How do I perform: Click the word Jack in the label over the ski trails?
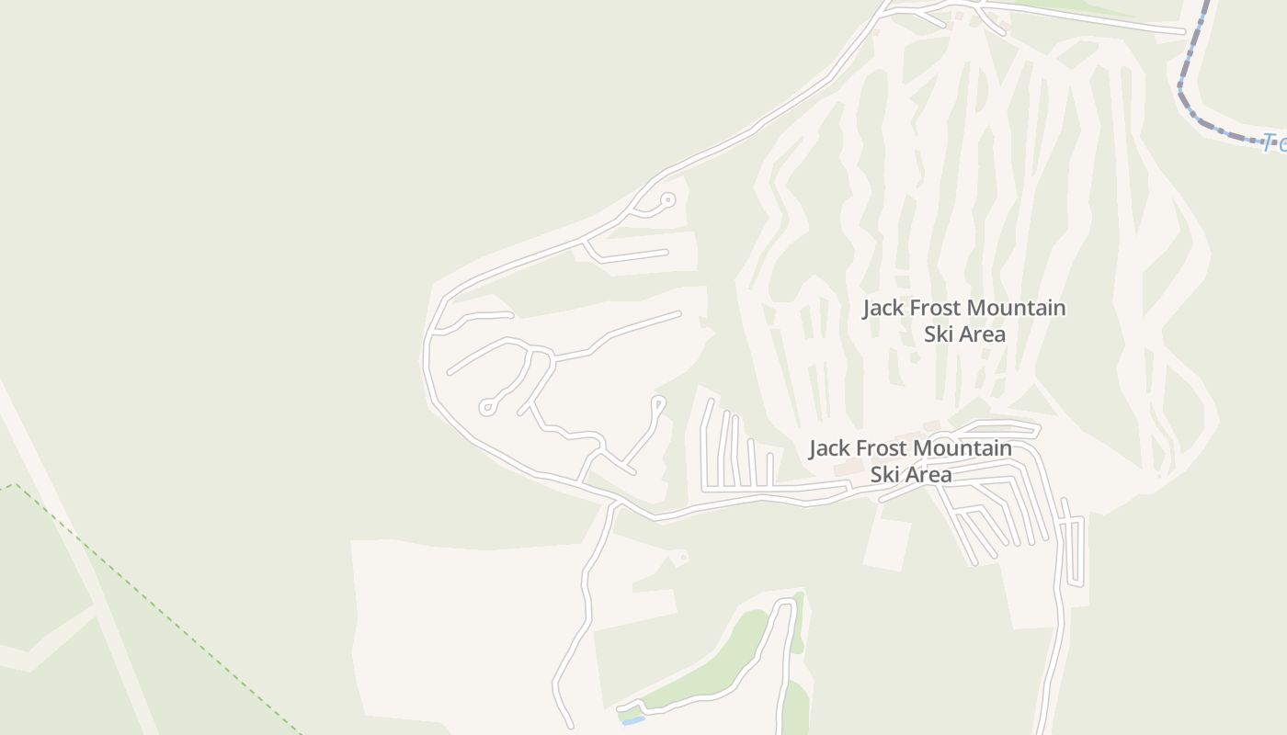point(883,308)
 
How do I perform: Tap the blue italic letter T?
point(1270,141)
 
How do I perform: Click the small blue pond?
point(632,721)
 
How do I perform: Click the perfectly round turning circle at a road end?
point(668,199)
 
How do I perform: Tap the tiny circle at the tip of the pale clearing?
point(683,557)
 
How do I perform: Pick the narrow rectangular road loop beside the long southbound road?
point(1074,551)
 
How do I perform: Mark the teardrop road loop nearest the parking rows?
point(657,402)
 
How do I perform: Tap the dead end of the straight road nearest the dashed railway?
point(1184,32)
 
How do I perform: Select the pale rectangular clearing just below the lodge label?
point(888,542)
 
